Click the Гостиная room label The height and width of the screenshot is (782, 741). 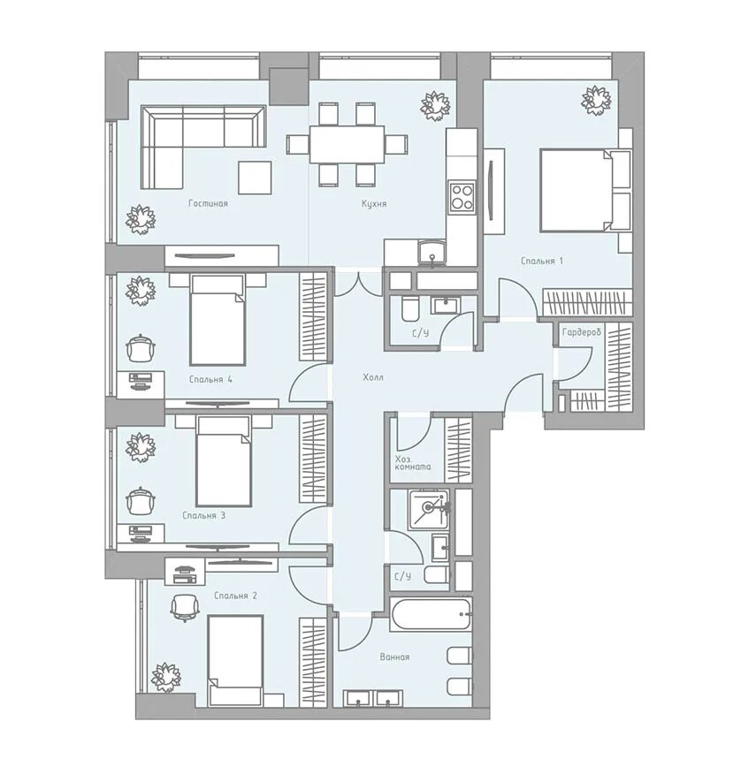coord(208,203)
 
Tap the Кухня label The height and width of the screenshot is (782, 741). coord(374,203)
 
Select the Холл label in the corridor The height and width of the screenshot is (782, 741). coord(373,377)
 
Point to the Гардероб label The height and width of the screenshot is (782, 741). coord(581,332)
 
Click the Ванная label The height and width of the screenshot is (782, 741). coord(394,657)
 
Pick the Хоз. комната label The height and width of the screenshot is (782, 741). coord(413,463)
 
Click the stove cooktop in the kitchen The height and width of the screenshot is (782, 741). coord(462,196)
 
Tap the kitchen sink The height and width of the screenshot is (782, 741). coord(432,253)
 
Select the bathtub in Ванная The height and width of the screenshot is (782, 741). coord(431,613)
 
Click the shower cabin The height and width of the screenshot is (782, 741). coord(429,509)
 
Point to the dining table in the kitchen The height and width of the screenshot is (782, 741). coord(347,144)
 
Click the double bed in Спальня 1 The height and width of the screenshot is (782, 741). coord(579,190)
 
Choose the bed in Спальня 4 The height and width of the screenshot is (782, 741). coord(217,319)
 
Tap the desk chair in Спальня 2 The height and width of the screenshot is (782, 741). coord(184,608)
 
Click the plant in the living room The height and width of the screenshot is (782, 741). coord(141,219)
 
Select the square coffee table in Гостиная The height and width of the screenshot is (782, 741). coord(255,178)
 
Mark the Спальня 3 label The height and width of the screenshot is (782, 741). coord(203,515)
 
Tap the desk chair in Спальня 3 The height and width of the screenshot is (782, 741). coord(141,500)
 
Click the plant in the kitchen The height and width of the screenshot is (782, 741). coord(435,106)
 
